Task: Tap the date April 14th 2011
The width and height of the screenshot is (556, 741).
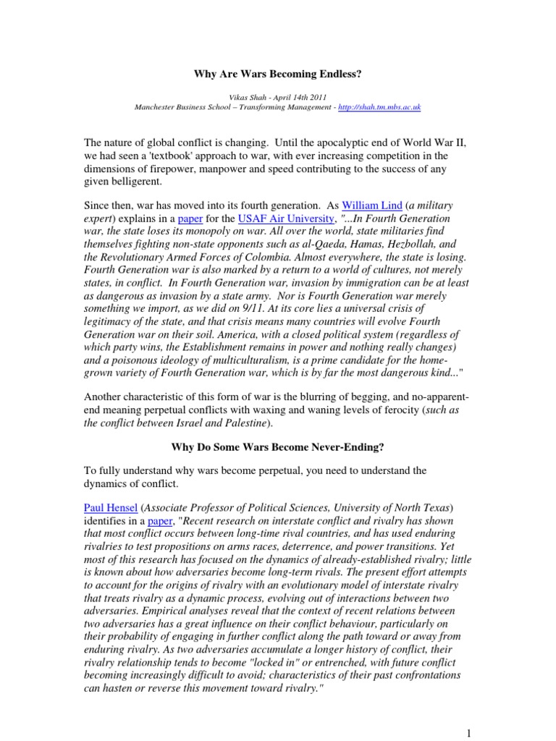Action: pyautogui.click(x=297, y=96)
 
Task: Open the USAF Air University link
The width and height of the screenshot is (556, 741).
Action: pyautogui.click(x=266, y=219)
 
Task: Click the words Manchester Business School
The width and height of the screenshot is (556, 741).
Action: pyautogui.click(x=178, y=106)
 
